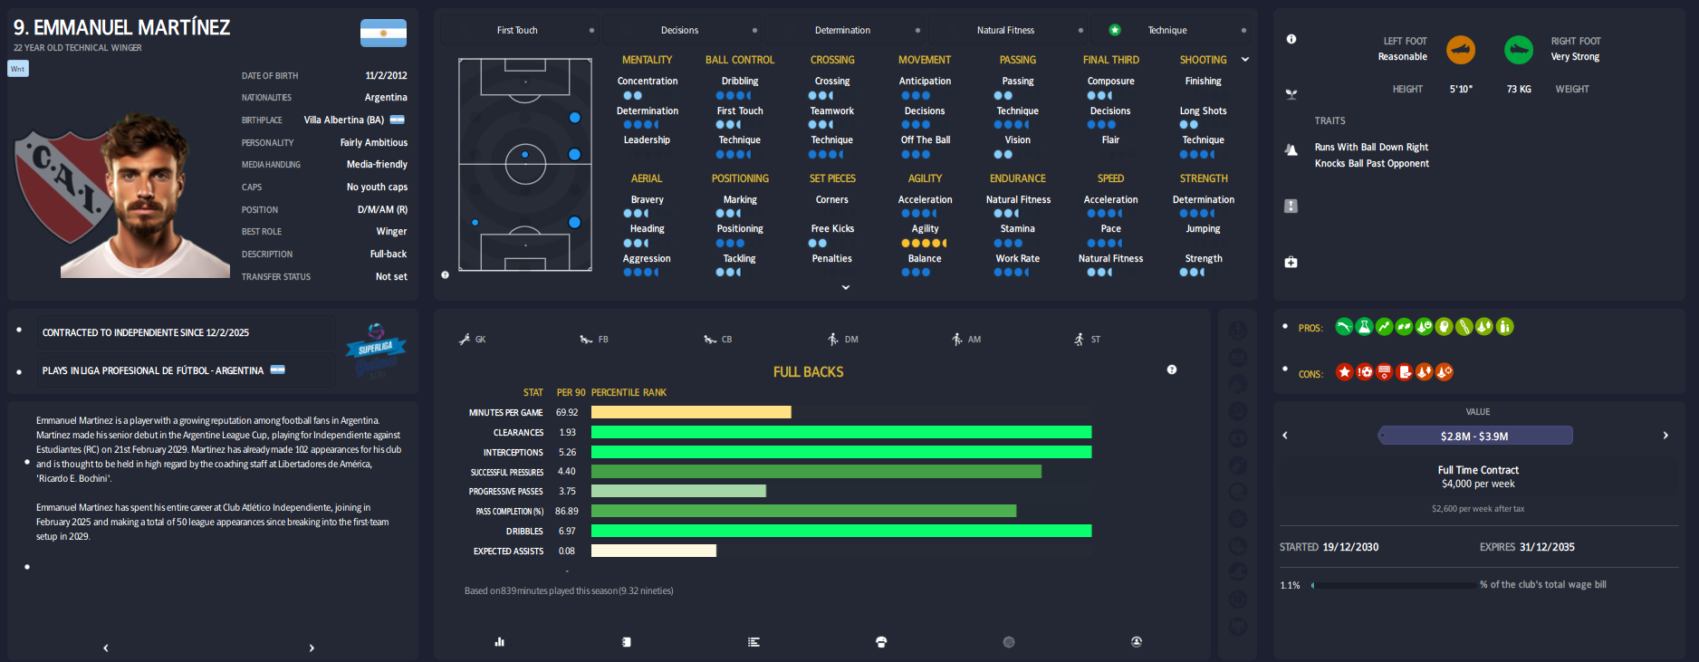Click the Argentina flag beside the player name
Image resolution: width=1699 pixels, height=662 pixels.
[x=383, y=33]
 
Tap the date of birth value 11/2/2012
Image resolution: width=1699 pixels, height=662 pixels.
[x=386, y=75]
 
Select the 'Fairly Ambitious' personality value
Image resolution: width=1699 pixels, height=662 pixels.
[x=373, y=142]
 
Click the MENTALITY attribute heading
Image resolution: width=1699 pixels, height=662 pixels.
[x=647, y=60]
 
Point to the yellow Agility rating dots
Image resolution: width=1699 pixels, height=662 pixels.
[x=924, y=243]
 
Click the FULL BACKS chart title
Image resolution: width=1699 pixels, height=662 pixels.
[x=808, y=372]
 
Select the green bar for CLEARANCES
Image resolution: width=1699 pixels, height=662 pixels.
[x=840, y=432]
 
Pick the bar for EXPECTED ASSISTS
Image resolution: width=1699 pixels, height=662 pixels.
[x=653, y=551]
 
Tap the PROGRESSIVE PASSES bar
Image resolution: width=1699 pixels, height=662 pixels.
[x=678, y=491]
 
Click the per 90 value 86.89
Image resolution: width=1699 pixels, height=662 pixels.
[x=567, y=511]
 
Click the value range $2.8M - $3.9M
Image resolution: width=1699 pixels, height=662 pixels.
[x=1474, y=436]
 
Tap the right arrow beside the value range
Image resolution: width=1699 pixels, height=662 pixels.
[x=1665, y=436]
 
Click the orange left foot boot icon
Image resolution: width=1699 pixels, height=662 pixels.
[x=1460, y=49]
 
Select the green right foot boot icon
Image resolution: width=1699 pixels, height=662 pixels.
[x=1518, y=49]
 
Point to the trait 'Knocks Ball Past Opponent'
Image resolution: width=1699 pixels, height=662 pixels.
[x=1371, y=164]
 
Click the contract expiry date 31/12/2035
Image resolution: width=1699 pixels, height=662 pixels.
[x=1547, y=547]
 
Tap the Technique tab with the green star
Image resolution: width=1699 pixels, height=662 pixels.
[x=1166, y=30]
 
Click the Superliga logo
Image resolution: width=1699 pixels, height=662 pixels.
[x=375, y=348]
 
